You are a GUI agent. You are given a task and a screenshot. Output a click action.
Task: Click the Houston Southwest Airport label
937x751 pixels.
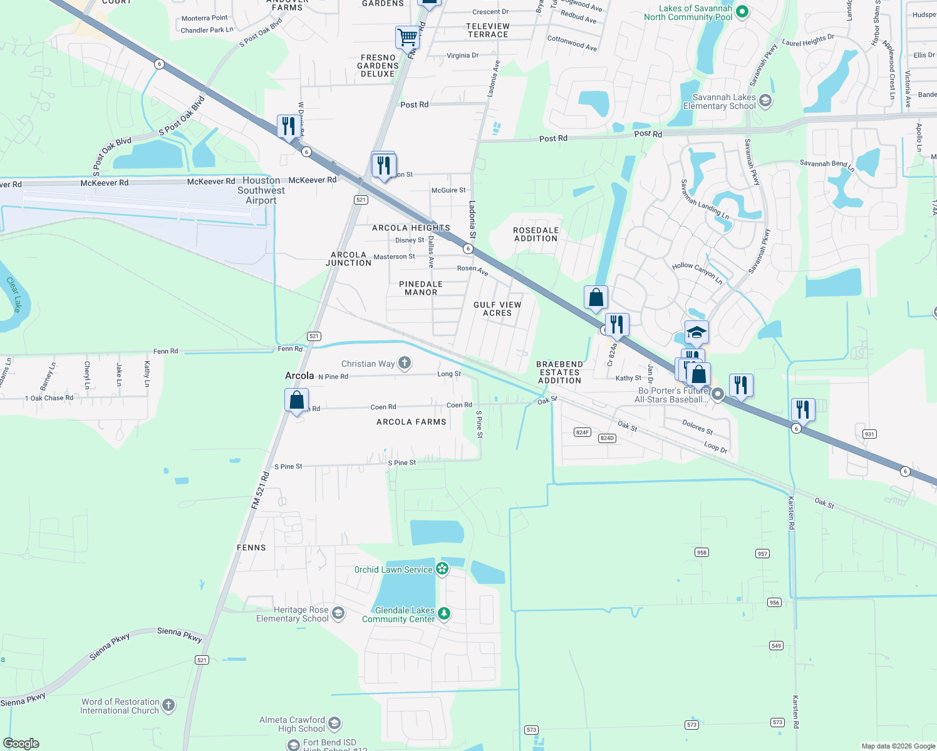click(261, 190)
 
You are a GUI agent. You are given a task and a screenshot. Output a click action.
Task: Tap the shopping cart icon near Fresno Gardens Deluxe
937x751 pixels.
click(407, 37)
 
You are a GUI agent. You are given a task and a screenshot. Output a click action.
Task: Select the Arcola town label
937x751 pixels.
click(299, 375)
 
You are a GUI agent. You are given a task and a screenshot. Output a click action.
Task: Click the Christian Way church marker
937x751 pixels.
click(405, 363)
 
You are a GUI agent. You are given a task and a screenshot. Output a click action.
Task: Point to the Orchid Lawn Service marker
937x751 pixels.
click(443, 569)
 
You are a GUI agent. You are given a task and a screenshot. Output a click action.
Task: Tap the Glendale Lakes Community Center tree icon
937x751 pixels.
click(444, 614)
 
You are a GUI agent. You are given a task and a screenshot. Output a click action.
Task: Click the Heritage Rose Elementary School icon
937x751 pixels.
click(338, 613)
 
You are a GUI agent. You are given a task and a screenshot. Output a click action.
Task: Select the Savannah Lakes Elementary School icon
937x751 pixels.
click(765, 101)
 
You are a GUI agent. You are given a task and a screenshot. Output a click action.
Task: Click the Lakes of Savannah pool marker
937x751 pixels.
click(742, 11)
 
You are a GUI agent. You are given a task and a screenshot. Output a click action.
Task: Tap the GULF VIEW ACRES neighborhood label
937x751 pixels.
click(497, 309)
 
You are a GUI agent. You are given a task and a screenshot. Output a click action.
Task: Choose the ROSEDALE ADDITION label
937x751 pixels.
click(536, 234)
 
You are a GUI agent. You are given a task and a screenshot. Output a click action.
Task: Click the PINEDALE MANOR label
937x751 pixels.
click(421, 288)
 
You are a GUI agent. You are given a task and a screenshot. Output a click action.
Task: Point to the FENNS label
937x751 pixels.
click(251, 548)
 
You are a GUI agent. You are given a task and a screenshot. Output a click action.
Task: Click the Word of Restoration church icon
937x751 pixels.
click(168, 705)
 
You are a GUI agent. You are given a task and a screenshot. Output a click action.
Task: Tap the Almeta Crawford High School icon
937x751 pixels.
click(334, 724)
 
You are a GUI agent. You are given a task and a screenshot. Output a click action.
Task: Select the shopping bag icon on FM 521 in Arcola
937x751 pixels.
click(297, 399)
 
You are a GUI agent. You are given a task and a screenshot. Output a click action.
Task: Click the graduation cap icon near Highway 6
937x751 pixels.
click(696, 332)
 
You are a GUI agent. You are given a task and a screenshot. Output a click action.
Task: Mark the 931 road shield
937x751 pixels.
click(869, 434)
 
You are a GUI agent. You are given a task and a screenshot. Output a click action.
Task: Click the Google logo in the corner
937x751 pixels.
click(21, 743)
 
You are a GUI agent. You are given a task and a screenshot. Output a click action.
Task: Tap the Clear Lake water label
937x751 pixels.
click(14, 294)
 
